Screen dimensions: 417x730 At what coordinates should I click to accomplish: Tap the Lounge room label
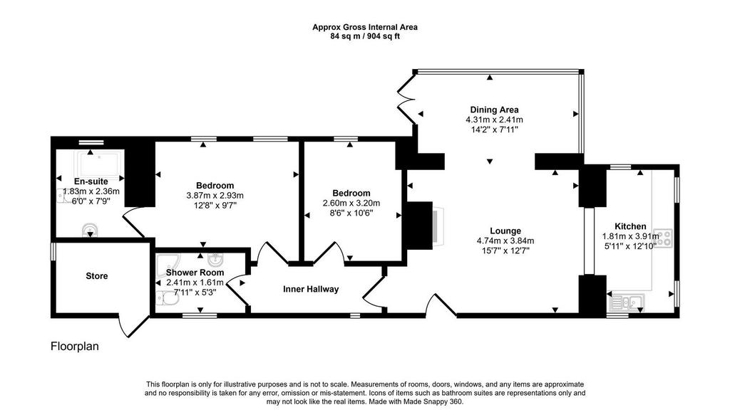pos(505,231)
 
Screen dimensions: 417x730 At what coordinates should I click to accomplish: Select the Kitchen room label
pos(630,226)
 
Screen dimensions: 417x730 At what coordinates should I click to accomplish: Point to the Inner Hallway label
pos(311,289)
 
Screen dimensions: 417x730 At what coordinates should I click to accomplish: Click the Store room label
pos(97,275)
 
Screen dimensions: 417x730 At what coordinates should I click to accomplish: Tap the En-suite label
pos(81,181)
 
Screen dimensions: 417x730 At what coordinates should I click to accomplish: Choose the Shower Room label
pos(195,273)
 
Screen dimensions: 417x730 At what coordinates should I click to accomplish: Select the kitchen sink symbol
pos(625,302)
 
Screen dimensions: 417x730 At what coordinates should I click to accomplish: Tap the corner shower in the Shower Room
pos(168,263)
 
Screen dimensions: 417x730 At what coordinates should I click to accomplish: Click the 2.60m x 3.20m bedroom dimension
pos(351,203)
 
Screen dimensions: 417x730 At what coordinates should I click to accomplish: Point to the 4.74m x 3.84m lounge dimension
pos(505,241)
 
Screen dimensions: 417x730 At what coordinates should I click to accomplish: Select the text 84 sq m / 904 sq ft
pos(364,36)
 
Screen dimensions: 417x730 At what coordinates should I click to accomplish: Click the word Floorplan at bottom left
pos(74,347)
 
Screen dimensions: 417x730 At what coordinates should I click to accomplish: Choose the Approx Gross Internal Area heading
pos(364,27)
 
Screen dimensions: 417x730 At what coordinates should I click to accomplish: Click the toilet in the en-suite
pos(90,229)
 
